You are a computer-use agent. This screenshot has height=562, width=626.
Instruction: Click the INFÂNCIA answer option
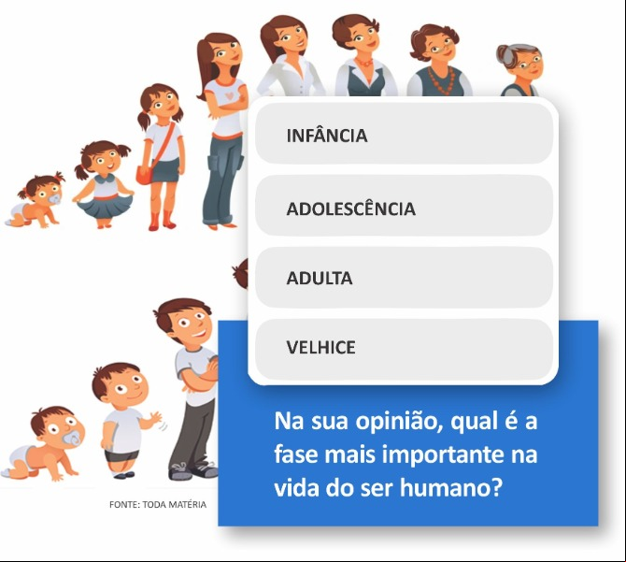(x=404, y=134)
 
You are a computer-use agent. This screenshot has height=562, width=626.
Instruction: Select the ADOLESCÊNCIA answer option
(x=404, y=206)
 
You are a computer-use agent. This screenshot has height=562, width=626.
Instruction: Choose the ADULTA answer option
(x=404, y=277)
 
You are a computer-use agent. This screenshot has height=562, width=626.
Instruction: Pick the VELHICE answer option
(x=404, y=349)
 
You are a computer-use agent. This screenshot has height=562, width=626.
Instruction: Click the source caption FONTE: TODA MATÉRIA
(x=158, y=504)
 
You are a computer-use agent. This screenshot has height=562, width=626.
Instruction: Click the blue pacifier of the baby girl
(x=55, y=198)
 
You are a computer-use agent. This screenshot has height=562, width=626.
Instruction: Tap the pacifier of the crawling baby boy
(x=72, y=439)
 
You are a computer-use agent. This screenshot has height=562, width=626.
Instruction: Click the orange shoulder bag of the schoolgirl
(x=144, y=175)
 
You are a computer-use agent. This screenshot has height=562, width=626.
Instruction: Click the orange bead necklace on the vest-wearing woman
(x=441, y=80)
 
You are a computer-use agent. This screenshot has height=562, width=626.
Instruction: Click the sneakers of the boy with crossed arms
(x=192, y=471)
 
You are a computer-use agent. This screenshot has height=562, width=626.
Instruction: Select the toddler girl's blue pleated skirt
(x=104, y=206)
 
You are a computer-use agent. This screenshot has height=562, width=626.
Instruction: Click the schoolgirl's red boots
(x=162, y=220)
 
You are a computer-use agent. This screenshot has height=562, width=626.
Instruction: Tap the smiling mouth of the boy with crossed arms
(x=201, y=334)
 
